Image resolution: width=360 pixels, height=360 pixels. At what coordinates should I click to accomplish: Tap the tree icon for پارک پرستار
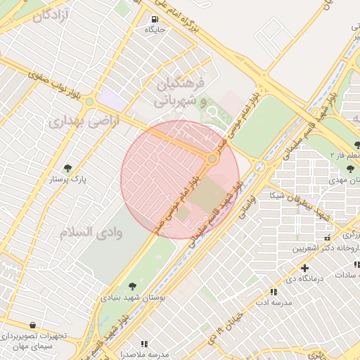click(x=67, y=168)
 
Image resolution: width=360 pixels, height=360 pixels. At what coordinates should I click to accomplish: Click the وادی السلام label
click(x=91, y=233)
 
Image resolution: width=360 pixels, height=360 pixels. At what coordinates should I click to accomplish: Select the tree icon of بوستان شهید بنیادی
click(x=132, y=285)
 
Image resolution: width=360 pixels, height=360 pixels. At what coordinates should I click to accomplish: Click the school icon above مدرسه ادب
click(x=273, y=292)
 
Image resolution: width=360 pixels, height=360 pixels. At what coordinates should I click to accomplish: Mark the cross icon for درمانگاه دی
click(x=304, y=268)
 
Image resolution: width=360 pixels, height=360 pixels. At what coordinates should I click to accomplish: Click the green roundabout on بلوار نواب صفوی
click(x=89, y=103)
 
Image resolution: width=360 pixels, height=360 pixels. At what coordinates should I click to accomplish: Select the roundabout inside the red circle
click(x=212, y=159)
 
